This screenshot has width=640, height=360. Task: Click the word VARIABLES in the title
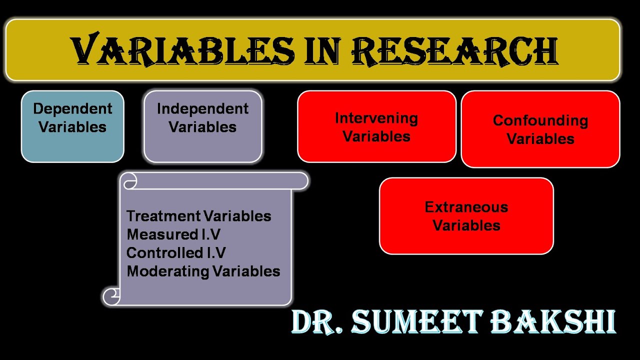coord(183,50)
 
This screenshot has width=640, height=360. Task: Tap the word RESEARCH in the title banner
coord(454,50)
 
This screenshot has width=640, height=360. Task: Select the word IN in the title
coord(324,50)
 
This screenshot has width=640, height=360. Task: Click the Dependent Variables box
coord(72,126)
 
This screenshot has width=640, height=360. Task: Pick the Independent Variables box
coord(202,126)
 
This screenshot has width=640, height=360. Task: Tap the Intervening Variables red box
coord(376,126)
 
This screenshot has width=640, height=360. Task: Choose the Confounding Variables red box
coord(540,129)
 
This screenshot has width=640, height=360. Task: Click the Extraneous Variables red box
coord(466,216)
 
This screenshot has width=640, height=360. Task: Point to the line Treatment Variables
coord(198,216)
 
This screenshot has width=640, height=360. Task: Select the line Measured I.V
coord(173,234)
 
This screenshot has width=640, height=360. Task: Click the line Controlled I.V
coord(176,253)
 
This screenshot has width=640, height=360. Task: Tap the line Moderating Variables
coord(203,271)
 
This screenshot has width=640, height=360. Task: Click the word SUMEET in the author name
coord(419,322)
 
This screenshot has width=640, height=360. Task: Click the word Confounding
coord(540,120)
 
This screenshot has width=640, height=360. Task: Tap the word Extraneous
coord(466,207)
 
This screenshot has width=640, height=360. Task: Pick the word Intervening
coord(376,118)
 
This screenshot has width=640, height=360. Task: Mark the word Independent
coord(202,108)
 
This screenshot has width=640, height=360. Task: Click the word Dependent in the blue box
coord(72,108)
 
